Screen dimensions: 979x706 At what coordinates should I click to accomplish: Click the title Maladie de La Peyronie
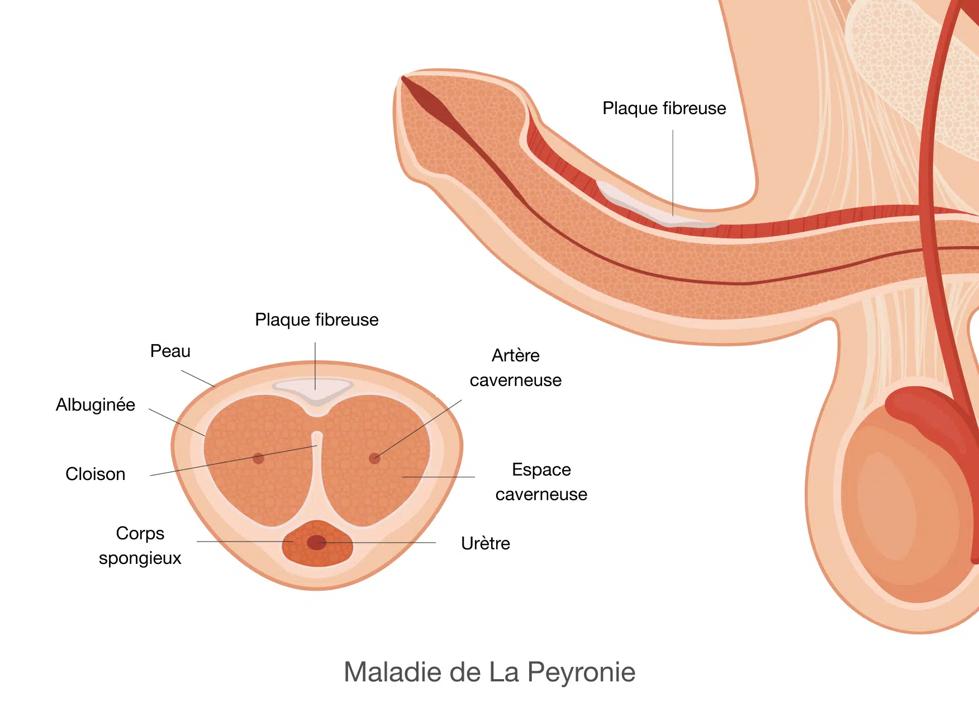[489, 672]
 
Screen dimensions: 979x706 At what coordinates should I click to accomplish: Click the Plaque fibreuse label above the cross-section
[317, 319]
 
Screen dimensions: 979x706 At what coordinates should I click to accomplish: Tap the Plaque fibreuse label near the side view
[664, 108]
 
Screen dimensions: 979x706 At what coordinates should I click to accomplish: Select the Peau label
[170, 351]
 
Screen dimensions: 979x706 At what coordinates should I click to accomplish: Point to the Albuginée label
[96, 404]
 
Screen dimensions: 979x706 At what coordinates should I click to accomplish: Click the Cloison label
[96, 474]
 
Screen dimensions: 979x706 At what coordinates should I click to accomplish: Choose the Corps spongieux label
[140, 545]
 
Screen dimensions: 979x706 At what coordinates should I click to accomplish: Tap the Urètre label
[486, 543]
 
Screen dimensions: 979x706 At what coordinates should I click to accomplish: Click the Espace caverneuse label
[541, 482]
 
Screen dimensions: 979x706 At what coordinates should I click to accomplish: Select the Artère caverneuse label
[516, 368]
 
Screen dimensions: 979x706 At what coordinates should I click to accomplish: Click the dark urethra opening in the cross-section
[317, 543]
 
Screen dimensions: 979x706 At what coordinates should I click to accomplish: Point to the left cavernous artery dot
[258, 459]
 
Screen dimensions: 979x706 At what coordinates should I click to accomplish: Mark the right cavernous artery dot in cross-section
[374, 459]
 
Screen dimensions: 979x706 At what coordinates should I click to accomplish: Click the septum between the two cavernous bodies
[317, 476]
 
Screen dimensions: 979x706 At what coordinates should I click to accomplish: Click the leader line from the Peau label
[198, 379]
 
